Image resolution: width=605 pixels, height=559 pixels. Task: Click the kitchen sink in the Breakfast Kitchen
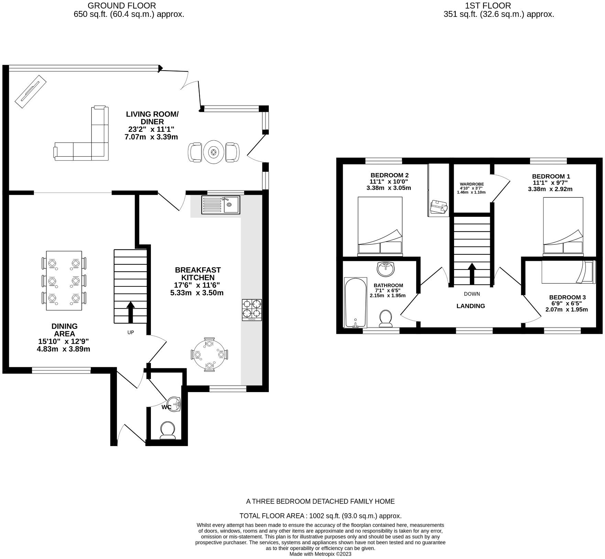point(221,205)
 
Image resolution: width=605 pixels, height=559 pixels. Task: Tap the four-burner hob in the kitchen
point(252,310)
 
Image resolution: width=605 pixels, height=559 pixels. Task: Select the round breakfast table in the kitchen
point(209,355)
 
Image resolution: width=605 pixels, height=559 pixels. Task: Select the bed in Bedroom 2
point(380,226)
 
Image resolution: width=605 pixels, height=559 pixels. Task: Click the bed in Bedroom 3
point(568,272)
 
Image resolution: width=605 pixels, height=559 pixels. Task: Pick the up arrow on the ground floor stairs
point(131,312)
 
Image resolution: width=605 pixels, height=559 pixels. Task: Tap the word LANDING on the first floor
point(471,306)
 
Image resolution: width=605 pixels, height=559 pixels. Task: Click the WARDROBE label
point(472,184)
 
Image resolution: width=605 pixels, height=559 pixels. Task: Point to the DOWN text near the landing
point(472,294)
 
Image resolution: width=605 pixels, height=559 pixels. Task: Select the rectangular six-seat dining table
point(64,281)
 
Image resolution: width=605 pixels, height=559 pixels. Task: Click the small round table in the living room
point(214,152)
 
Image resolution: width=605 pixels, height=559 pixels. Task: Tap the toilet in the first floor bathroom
point(386,318)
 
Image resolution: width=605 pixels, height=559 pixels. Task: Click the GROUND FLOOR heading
point(122,6)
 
